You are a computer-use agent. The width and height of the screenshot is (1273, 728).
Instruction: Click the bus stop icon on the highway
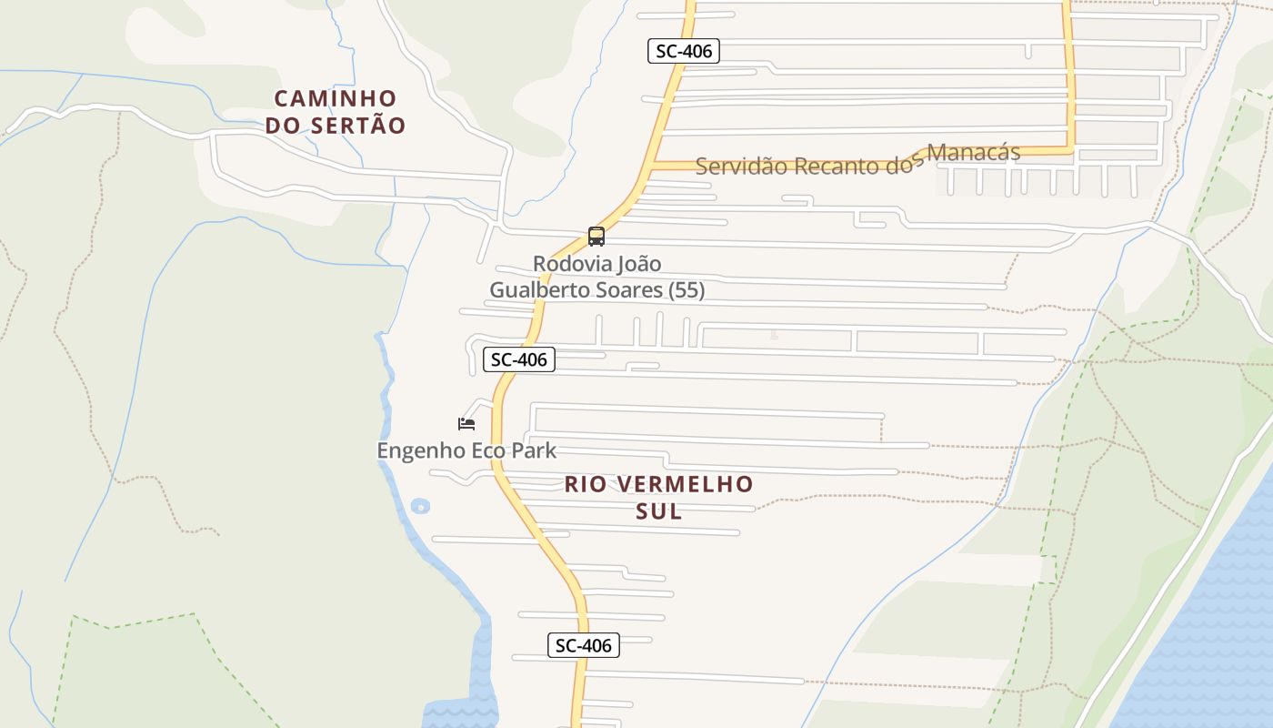click(596, 237)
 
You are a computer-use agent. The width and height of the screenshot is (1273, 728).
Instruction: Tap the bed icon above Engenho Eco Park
click(466, 423)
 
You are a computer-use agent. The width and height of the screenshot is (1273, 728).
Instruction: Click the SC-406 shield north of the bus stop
click(684, 51)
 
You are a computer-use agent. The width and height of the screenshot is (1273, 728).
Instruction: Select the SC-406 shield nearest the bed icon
click(518, 359)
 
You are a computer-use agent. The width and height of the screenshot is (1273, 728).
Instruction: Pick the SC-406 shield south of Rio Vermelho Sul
click(584, 645)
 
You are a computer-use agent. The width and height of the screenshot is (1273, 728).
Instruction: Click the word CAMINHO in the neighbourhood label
click(336, 98)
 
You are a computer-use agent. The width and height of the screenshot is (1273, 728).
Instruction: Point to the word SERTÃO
click(358, 126)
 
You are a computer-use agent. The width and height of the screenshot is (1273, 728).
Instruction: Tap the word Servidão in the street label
click(741, 166)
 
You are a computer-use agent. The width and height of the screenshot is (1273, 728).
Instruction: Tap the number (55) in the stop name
click(687, 290)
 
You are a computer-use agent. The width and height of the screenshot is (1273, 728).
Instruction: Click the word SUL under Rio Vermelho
click(659, 511)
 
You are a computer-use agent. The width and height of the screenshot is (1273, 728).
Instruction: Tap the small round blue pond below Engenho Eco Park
click(419, 506)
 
